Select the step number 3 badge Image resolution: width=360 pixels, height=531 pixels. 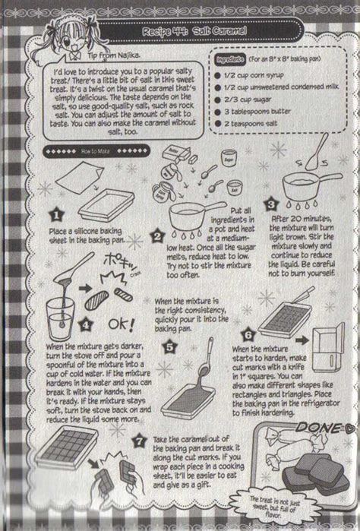(x=269, y=204)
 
